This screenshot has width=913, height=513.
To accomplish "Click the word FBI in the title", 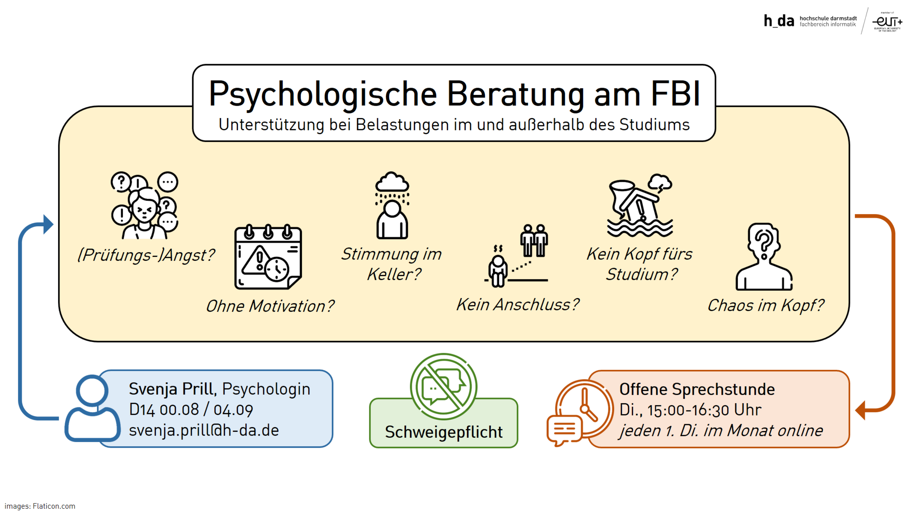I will (675, 93).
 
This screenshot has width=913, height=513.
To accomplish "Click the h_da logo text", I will (779, 21).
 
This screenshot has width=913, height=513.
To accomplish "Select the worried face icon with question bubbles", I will (145, 205).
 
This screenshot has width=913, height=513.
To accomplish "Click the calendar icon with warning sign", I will (268, 257).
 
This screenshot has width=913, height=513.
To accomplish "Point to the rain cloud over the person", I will (392, 184).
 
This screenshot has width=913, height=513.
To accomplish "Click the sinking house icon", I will (639, 205).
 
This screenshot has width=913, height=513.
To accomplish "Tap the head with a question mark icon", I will (764, 256).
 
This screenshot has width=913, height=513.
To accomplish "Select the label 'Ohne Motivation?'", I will (270, 306).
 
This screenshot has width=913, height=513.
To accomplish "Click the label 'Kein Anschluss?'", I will (517, 305).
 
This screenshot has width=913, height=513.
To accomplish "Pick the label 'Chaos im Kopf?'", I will (765, 306).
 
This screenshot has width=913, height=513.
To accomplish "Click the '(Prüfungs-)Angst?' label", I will (146, 255).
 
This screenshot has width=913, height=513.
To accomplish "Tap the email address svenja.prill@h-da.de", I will (204, 430).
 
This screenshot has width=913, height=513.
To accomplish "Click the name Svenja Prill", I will (171, 389).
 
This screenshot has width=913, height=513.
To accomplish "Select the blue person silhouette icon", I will (92, 408).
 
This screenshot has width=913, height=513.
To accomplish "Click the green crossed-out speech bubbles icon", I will (443, 386).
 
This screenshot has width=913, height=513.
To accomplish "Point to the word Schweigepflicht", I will (443, 432).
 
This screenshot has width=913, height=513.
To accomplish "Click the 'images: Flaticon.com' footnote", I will (40, 506).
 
